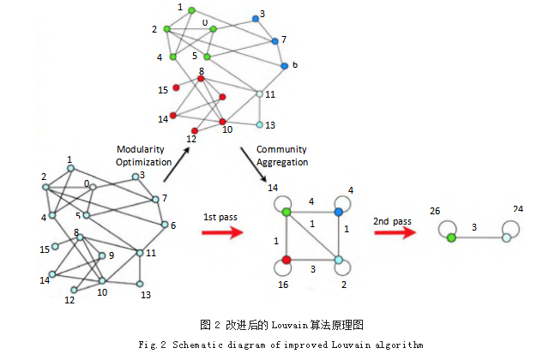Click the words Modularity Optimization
(x=142, y=155)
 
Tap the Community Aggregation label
(x=281, y=155)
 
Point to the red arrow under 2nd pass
(x=395, y=232)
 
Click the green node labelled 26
(x=451, y=237)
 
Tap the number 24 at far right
(x=517, y=208)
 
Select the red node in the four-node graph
(x=287, y=259)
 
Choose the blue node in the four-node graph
(x=338, y=211)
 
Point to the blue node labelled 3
(x=256, y=18)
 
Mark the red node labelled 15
(x=176, y=87)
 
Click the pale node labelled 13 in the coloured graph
(x=259, y=125)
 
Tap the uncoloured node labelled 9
(x=102, y=255)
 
